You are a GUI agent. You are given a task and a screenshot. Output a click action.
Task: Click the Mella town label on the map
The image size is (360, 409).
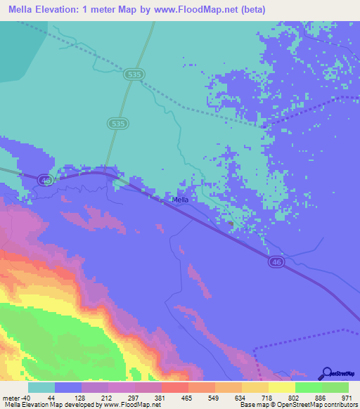(x=181, y=200)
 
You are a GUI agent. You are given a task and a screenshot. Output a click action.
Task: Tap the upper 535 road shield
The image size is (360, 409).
(x=131, y=73)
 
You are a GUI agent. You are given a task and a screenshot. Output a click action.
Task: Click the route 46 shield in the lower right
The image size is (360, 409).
(x=276, y=261)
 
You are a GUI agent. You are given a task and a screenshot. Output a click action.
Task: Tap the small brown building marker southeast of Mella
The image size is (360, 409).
(x=231, y=225)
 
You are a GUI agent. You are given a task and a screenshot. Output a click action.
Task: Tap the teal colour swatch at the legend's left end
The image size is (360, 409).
(x=41, y=387)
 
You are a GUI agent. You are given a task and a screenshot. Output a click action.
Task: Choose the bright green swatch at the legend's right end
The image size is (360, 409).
(x=335, y=387)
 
